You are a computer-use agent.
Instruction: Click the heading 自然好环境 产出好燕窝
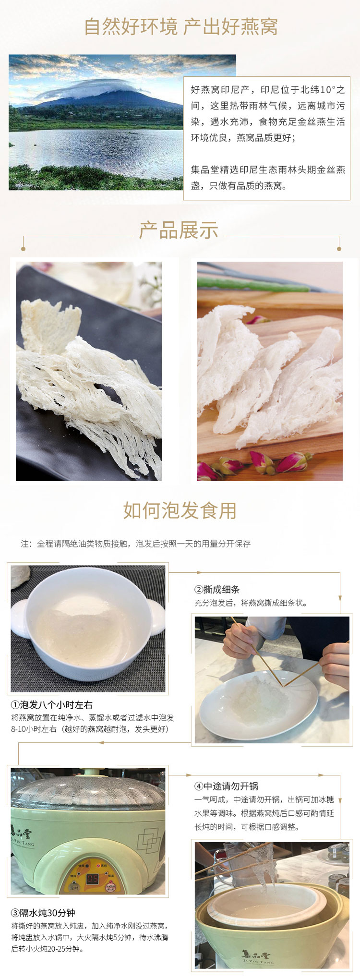pos(180,27)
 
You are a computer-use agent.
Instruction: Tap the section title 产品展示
pos(179,230)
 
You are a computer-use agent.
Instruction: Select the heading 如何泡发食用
pos(180,510)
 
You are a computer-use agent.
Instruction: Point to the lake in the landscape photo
pos(96,149)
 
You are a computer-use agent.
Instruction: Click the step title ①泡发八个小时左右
pos(52,705)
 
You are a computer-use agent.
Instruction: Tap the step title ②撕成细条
pos(216,590)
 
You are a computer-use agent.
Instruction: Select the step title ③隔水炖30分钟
pos(43,913)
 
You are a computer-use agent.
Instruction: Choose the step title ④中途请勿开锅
pos(226,786)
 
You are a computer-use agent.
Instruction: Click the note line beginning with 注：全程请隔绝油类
pos(135,544)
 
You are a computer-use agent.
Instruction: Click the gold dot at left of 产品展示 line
pos(23,249)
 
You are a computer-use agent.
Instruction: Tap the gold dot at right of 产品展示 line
pos(339,249)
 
